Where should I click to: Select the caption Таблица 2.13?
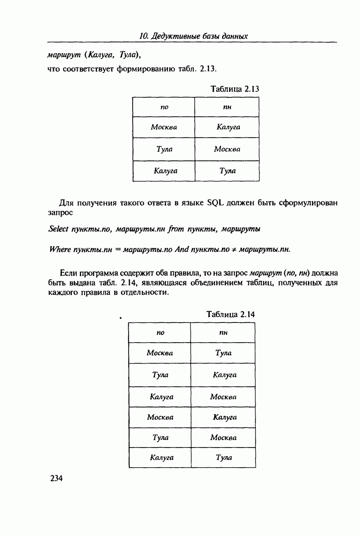(x=235, y=89)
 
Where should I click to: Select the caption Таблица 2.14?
(x=230, y=314)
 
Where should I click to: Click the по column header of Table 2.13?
(x=164, y=107)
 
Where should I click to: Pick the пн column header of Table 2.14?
(x=223, y=332)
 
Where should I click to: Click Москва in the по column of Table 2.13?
(x=164, y=127)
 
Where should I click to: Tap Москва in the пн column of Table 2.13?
(x=227, y=149)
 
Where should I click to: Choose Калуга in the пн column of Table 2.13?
(x=228, y=127)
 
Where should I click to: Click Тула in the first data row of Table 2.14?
(x=223, y=353)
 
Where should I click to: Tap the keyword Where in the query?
(x=57, y=249)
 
